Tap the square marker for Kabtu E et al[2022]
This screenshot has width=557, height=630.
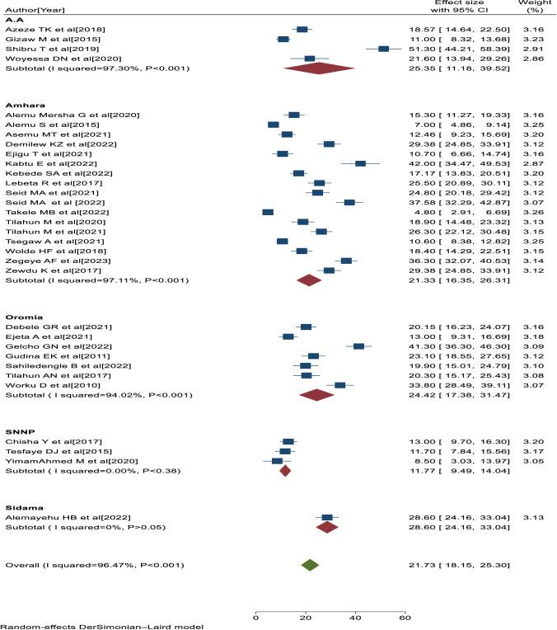click(360, 163)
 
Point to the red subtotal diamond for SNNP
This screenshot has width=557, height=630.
click(285, 471)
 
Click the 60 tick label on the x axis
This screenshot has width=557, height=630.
click(405, 617)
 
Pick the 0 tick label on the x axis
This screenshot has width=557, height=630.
click(256, 617)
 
